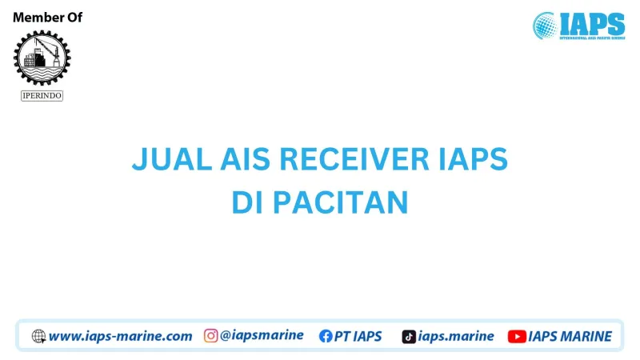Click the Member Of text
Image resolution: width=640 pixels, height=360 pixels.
47,18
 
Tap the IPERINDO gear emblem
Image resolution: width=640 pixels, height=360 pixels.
42,58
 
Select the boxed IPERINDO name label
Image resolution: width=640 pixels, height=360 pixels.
42,96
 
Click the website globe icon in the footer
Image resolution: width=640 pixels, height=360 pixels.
38,337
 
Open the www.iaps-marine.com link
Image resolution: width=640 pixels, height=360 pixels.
120,337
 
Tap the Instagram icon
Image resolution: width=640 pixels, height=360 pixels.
211,336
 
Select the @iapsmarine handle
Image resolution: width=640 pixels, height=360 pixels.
262,336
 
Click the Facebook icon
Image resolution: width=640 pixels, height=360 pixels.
326,337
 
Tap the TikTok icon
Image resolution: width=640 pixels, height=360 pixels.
409,337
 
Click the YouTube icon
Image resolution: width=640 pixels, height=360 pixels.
516,337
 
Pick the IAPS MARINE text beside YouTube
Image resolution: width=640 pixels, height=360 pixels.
570,337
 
